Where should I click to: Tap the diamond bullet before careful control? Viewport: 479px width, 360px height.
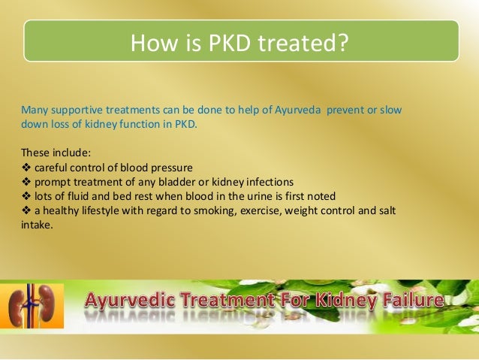coord(26,168)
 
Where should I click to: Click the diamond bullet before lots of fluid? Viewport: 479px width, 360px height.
coord(26,196)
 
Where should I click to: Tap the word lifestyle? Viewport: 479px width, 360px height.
coord(102,210)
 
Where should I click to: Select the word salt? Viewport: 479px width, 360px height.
coord(387,210)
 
